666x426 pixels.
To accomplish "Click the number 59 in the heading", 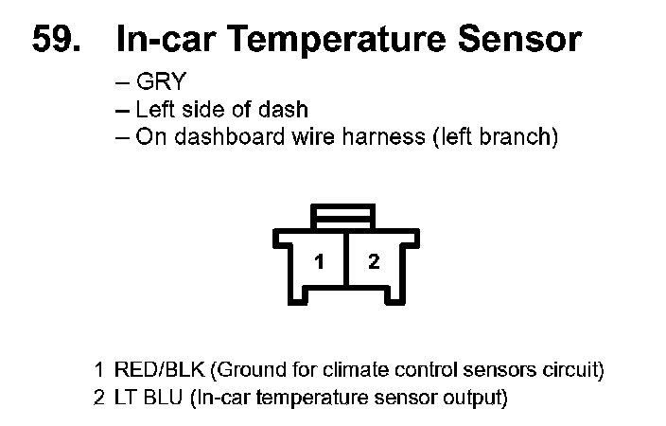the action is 54,39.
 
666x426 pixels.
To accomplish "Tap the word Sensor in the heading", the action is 519,39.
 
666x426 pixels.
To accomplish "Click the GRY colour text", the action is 162,82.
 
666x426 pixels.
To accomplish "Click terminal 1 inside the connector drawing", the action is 321,262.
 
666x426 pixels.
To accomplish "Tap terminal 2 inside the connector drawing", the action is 374,262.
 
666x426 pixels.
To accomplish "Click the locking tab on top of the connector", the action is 345,216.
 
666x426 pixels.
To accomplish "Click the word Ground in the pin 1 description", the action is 231,369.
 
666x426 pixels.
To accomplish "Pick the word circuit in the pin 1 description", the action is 567,369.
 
